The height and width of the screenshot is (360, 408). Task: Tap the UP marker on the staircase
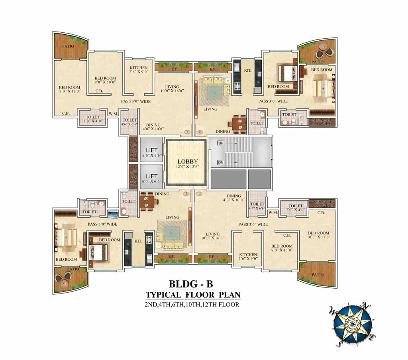[220, 143]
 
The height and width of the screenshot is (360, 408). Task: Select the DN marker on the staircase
[220, 162]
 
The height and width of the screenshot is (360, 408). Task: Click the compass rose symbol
[352, 324]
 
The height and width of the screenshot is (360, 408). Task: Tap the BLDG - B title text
[191, 284]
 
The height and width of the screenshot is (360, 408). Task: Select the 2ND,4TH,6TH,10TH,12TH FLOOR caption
[192, 305]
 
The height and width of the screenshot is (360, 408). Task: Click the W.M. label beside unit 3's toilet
[113, 114]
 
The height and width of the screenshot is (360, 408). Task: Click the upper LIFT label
[151, 150]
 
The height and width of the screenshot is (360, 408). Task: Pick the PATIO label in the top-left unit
[68, 46]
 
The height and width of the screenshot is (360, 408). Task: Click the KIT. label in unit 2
[138, 241]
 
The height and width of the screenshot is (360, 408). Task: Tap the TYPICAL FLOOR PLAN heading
[193, 295]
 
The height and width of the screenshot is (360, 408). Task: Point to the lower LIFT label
[151, 176]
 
